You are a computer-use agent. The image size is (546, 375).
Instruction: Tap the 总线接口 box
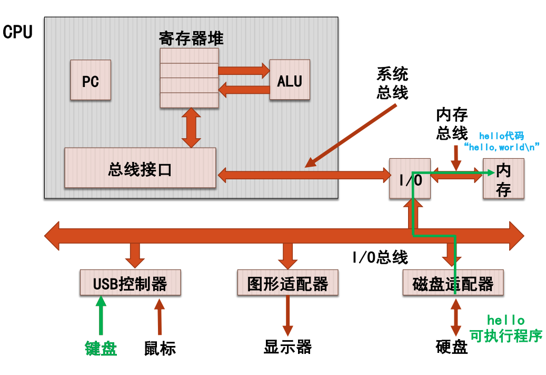click(140, 168)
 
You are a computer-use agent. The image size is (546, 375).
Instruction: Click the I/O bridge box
click(409, 178)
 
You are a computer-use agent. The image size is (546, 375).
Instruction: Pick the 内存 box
click(504, 179)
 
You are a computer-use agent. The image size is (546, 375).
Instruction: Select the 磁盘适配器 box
click(453, 283)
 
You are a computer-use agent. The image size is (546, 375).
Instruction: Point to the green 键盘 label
click(101, 348)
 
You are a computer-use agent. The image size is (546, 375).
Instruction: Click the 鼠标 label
click(160, 348)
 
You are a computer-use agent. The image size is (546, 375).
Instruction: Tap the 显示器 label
click(287, 347)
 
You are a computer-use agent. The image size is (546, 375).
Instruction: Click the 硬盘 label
click(452, 347)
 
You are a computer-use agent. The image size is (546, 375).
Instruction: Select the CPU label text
click(17, 32)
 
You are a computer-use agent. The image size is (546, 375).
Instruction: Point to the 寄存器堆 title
click(191, 39)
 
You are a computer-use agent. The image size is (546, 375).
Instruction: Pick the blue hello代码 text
click(501, 136)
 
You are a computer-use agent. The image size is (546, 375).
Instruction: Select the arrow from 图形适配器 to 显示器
click(287, 315)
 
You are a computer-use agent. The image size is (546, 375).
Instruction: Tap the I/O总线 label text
click(380, 257)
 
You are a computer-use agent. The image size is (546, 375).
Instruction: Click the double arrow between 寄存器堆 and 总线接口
click(191, 128)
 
